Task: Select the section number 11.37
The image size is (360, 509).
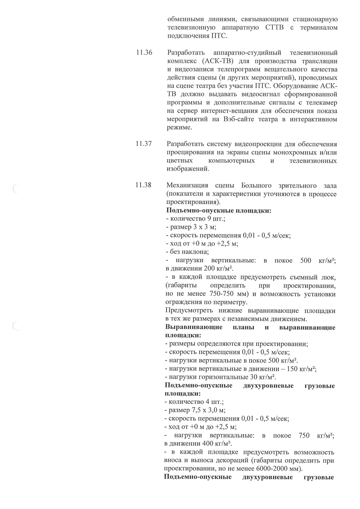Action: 144,144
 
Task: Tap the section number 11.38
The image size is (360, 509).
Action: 143,185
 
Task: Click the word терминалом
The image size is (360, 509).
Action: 319,28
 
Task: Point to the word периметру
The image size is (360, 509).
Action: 231,302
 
